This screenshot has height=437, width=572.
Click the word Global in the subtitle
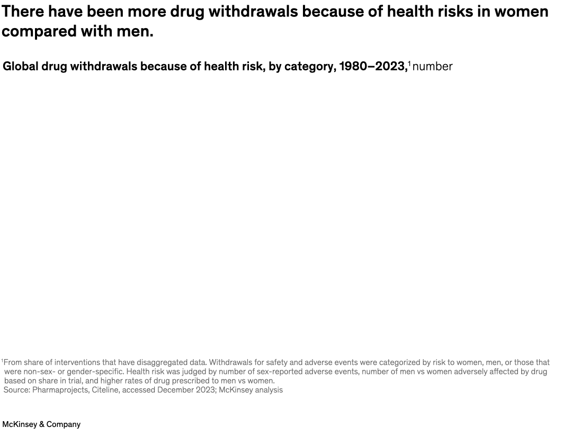(x=21, y=66)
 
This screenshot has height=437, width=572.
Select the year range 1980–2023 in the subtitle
(x=373, y=66)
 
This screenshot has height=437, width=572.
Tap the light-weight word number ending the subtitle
(x=432, y=67)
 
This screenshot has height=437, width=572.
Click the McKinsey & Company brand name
(x=41, y=424)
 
